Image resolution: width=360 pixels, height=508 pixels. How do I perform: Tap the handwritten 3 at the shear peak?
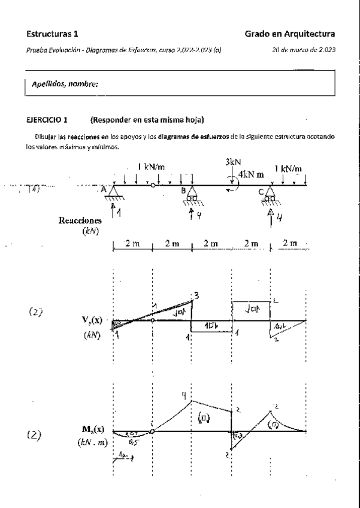pyautogui.click(x=195, y=294)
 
